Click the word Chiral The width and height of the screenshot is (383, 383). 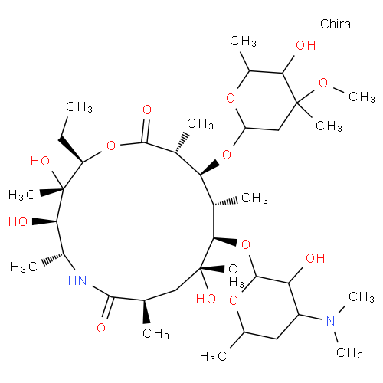pyautogui.click(x=336, y=24)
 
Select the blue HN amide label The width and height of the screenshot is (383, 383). pyautogui.click(x=77, y=280)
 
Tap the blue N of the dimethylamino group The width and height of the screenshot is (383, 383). pyautogui.click(x=331, y=321)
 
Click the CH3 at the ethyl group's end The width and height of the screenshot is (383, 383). pyautogui.click(x=79, y=106)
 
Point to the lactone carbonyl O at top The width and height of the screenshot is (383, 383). pyautogui.click(x=147, y=110)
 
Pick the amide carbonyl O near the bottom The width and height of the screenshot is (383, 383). pyautogui.click(x=101, y=328)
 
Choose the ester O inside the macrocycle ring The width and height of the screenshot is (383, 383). pyautogui.click(x=111, y=146)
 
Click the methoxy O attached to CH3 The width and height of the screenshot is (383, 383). pyautogui.click(x=323, y=83)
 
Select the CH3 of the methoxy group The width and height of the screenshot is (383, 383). pyautogui.click(x=362, y=97)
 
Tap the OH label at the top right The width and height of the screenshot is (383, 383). pyautogui.click(x=306, y=45)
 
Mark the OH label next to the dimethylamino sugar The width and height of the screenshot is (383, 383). pyautogui.click(x=316, y=258)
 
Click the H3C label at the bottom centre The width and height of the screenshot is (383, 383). pyautogui.click(x=213, y=356)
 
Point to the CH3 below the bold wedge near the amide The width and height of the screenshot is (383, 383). pyautogui.click(x=155, y=333)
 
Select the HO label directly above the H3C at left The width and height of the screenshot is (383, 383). pyautogui.click(x=40, y=161)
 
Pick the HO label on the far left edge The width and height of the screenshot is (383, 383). pyautogui.click(x=18, y=221)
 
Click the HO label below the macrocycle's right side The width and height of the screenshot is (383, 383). pyautogui.click(x=206, y=299)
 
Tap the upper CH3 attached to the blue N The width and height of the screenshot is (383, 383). pyautogui.click(x=362, y=297)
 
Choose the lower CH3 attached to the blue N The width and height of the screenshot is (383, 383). pyautogui.click(x=349, y=353)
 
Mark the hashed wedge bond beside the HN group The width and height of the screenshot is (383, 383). pyautogui.click(x=53, y=259)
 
